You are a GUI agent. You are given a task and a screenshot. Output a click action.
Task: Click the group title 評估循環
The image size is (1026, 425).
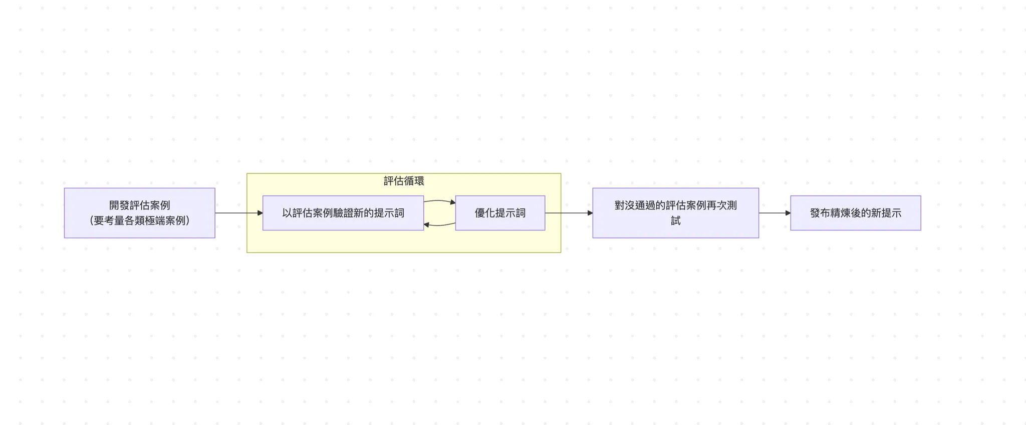click(x=404, y=181)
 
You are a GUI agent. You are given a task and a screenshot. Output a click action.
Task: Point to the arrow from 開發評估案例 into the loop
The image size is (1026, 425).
click(x=238, y=213)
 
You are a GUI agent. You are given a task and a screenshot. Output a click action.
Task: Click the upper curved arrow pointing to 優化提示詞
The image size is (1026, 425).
click(x=439, y=201)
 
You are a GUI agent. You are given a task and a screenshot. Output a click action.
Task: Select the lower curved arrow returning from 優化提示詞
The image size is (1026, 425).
click(x=439, y=225)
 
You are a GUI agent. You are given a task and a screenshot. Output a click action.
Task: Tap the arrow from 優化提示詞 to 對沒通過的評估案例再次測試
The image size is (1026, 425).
click(x=569, y=213)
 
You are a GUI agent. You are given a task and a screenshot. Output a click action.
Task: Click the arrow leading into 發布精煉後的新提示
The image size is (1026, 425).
click(x=775, y=213)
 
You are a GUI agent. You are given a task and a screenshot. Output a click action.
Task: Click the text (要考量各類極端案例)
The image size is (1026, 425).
click(x=139, y=221)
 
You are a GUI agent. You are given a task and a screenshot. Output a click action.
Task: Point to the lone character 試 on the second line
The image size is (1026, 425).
click(x=675, y=221)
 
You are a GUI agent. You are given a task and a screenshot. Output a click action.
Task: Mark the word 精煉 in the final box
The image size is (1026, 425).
click(x=840, y=213)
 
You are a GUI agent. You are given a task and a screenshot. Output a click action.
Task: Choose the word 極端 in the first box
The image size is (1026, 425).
click(x=155, y=221)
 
